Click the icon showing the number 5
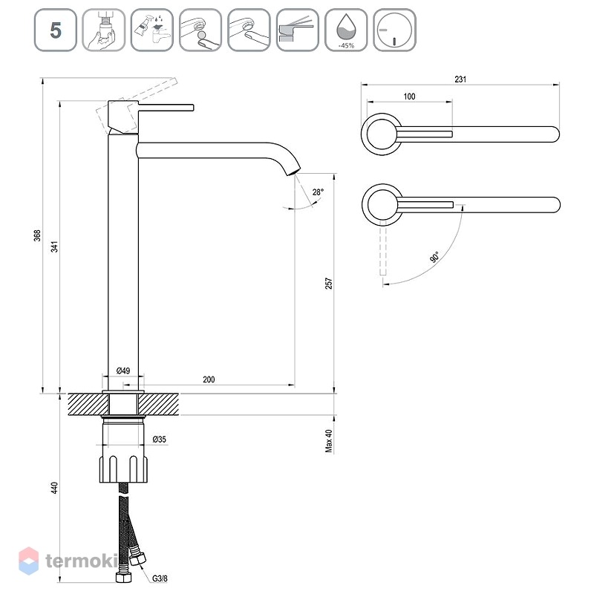pyautogui.click(x=55, y=30)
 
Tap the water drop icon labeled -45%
pyautogui.click(x=346, y=30)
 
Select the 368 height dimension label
pyautogui.click(x=37, y=235)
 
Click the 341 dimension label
pyautogui.click(x=55, y=247)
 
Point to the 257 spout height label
pyautogui.click(x=328, y=284)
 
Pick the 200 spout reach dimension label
pyautogui.click(x=209, y=379)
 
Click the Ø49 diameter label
pyautogui.click(x=123, y=371)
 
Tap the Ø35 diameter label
pyautogui.click(x=159, y=439)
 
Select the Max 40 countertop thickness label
pyautogui.click(x=328, y=440)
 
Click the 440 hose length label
pyautogui.click(x=55, y=488)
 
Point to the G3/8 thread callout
pyautogui.click(x=160, y=578)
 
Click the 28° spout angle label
pyautogui.click(x=318, y=192)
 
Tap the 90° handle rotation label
pyautogui.click(x=434, y=257)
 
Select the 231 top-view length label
pyautogui.click(x=460, y=79)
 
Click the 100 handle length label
pyautogui.click(x=409, y=97)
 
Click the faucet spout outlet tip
pyautogui.click(x=294, y=172)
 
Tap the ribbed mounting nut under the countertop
pyautogui.click(x=123, y=469)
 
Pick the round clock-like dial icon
pyautogui.click(x=394, y=30)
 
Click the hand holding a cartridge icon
pyautogui.click(x=104, y=30)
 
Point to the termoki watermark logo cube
pyautogui.click(x=28, y=561)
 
